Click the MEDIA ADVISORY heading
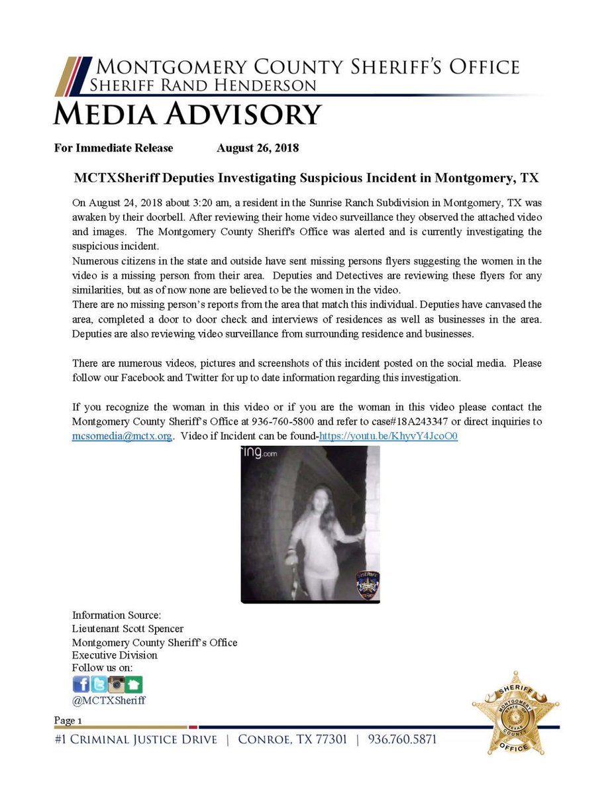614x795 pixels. coord(187,114)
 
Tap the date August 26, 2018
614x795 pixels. coord(258,148)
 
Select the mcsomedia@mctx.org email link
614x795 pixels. coord(122,437)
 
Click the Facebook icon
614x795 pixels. coord(81,684)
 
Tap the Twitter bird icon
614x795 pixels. coord(99,684)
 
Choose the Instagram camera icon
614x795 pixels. coord(117,684)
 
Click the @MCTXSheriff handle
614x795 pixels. coord(109,700)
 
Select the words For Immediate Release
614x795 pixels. coord(113,148)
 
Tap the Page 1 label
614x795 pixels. coord(68,720)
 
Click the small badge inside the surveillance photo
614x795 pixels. coord(366,584)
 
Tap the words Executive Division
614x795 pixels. coord(115,655)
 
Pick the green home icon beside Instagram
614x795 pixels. coord(134,684)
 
